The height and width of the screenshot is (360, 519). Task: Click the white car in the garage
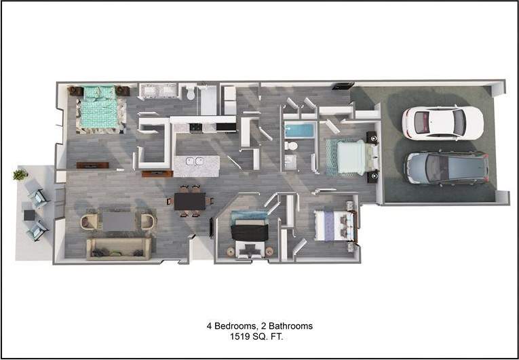coord(442,123)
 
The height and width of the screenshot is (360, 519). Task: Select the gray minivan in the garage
coord(446,167)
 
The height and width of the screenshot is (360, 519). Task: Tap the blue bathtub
coord(299,129)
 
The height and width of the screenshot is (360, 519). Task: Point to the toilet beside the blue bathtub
coord(291,146)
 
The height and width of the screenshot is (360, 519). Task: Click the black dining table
coord(190,201)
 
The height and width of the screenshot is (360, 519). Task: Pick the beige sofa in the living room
coord(118,248)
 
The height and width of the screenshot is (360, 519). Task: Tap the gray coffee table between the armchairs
coord(119,221)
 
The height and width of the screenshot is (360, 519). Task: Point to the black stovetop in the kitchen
coord(196,127)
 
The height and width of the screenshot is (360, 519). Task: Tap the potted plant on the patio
coord(20,175)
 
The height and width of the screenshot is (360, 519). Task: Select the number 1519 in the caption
coord(240,336)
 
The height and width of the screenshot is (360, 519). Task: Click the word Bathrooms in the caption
coord(290,326)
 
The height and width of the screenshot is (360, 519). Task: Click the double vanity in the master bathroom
coord(158,92)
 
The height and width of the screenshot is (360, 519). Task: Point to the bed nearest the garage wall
coord(351,157)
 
